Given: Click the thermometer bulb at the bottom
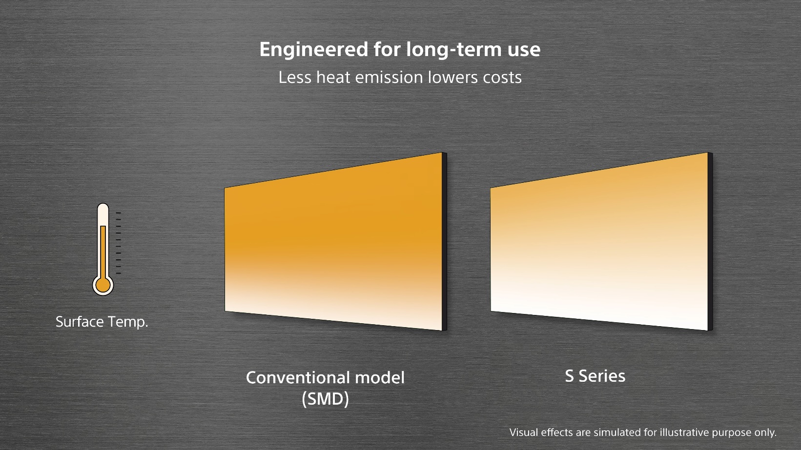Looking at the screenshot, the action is point(103,285).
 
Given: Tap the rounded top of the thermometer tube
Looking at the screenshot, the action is point(103,208).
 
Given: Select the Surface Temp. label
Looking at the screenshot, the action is point(102,322).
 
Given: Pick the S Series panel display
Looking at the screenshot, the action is point(599,241).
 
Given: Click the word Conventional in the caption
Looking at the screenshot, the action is point(298,378).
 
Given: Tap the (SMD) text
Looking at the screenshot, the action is point(325,399).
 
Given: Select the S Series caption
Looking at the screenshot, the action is point(595,376).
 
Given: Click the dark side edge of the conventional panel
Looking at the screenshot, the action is point(445,241).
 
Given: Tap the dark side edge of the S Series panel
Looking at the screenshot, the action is point(710,241).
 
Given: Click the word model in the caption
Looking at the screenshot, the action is point(379,378).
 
